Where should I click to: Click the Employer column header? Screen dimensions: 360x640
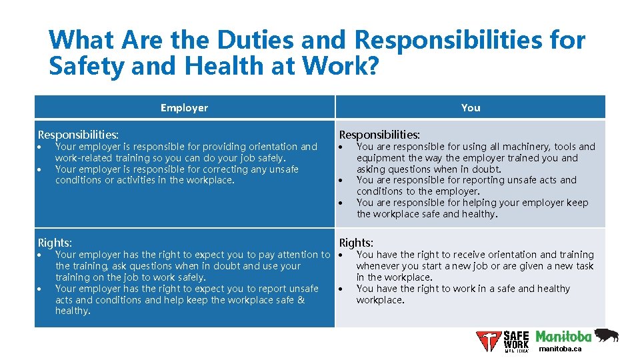click(184, 108)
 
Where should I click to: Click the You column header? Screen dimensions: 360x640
click(471, 108)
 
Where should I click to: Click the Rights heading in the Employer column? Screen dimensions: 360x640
click(55, 243)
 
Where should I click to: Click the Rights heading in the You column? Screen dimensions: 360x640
click(357, 243)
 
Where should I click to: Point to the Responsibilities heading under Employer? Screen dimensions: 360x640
click(79, 135)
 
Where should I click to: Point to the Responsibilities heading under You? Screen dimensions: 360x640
click(380, 135)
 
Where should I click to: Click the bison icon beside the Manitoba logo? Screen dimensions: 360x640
click(605, 334)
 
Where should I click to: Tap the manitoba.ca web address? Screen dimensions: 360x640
click(560, 349)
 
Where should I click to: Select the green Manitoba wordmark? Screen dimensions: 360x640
click(563, 335)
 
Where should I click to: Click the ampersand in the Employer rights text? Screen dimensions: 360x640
click(300, 300)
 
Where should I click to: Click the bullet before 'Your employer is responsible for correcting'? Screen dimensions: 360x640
click(41, 169)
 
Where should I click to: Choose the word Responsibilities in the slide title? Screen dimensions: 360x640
click(469, 41)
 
